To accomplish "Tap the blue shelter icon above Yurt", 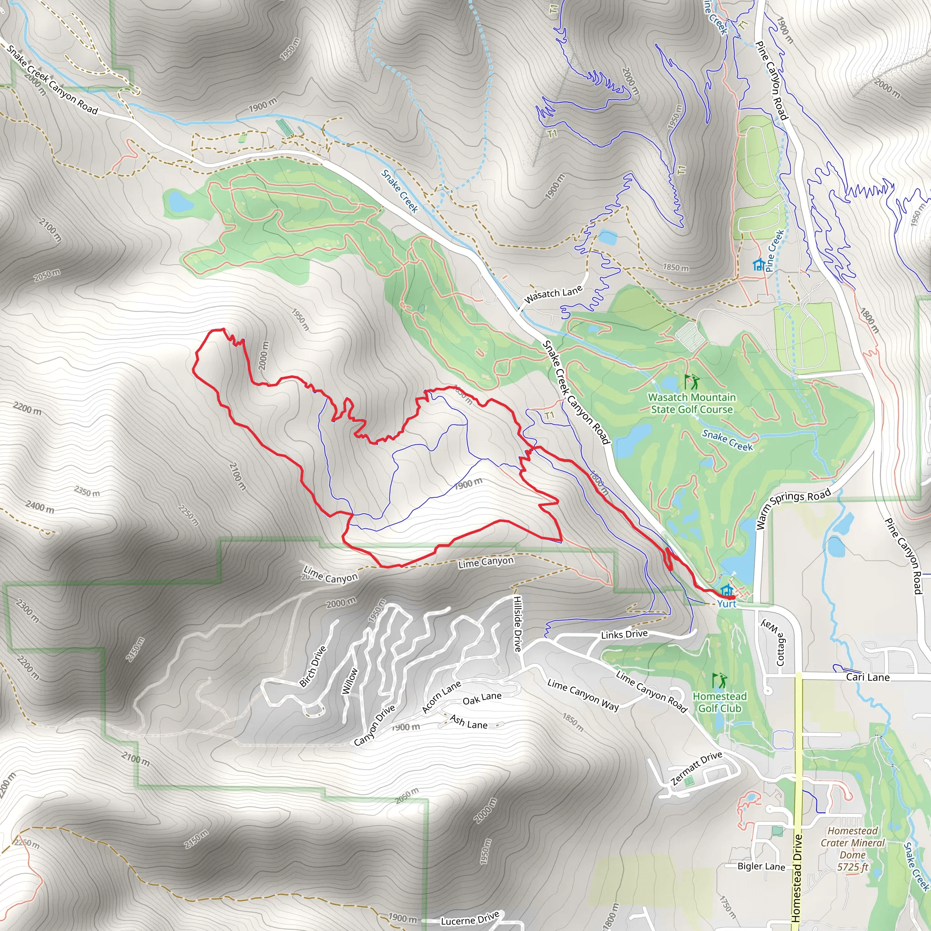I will click(727, 591).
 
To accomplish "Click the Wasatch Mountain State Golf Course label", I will click(691, 403).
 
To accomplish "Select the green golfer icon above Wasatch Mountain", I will click(691, 382).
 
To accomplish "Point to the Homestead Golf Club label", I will click(720, 702).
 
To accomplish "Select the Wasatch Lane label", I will click(553, 294).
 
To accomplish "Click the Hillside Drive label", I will click(517, 624).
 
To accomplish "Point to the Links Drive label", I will click(624, 635).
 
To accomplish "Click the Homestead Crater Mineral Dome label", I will click(852, 849).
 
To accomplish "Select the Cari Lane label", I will click(867, 677).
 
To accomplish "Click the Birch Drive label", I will click(313, 666).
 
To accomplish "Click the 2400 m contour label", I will click(40, 507).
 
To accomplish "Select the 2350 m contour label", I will click(87, 491).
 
